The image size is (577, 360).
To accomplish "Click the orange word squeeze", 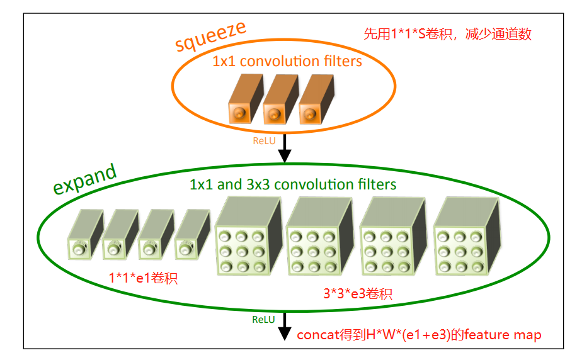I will (210, 39).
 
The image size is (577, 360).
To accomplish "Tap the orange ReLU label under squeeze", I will (264, 141).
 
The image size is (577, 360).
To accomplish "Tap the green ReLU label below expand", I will (263, 319).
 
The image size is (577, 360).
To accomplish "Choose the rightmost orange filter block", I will (314, 98).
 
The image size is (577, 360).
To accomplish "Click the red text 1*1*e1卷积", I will (144, 278).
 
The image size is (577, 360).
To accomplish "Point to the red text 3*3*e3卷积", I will (357, 294).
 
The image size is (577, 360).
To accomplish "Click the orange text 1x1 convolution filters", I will (287, 62).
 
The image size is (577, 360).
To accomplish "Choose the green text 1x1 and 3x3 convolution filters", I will (293, 184).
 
